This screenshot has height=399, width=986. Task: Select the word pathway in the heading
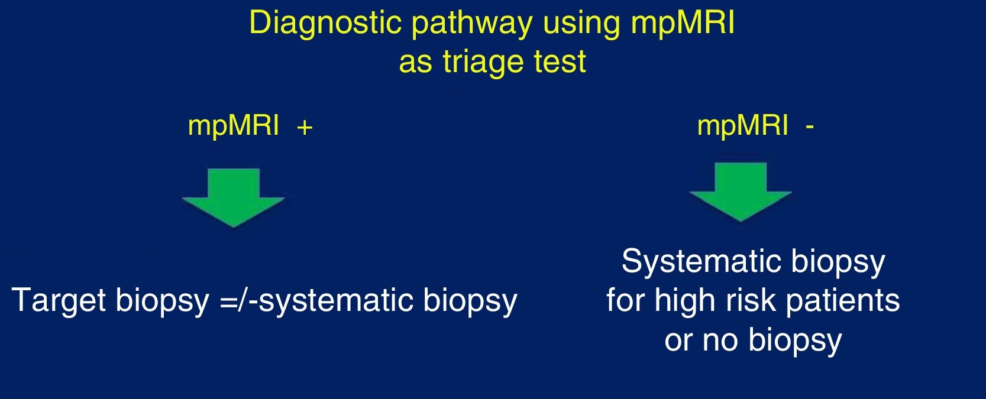pyautogui.click(x=472, y=25)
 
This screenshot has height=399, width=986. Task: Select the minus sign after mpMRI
pyautogui.click(x=810, y=128)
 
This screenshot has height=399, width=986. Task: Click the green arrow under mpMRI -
pyautogui.click(x=741, y=192)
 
